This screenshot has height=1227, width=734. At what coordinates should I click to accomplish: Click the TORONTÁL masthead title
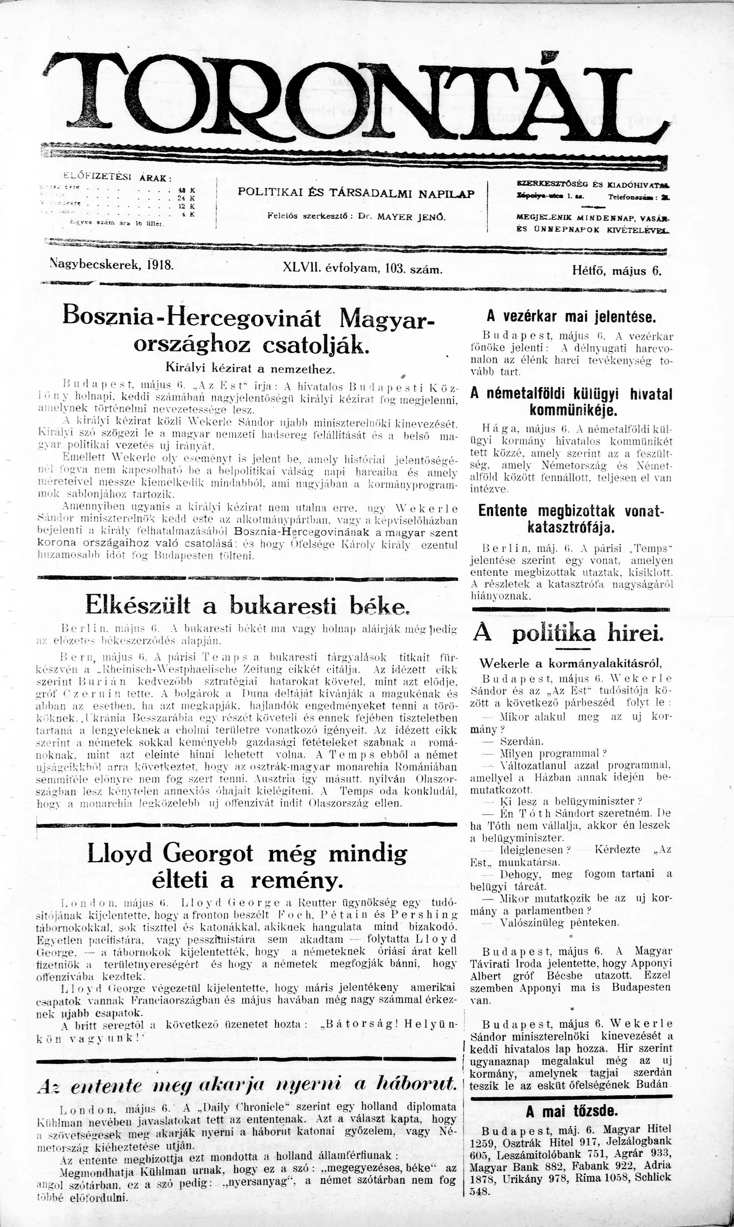[x=356, y=99]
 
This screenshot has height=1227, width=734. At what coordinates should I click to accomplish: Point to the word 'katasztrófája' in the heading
[x=571, y=528]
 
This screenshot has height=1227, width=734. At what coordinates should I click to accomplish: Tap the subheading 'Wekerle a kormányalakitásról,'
[x=570, y=663]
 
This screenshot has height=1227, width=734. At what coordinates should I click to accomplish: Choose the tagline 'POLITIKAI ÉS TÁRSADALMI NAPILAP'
[x=356, y=193]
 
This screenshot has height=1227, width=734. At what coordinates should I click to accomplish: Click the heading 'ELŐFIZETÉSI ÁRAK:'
[x=118, y=176]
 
